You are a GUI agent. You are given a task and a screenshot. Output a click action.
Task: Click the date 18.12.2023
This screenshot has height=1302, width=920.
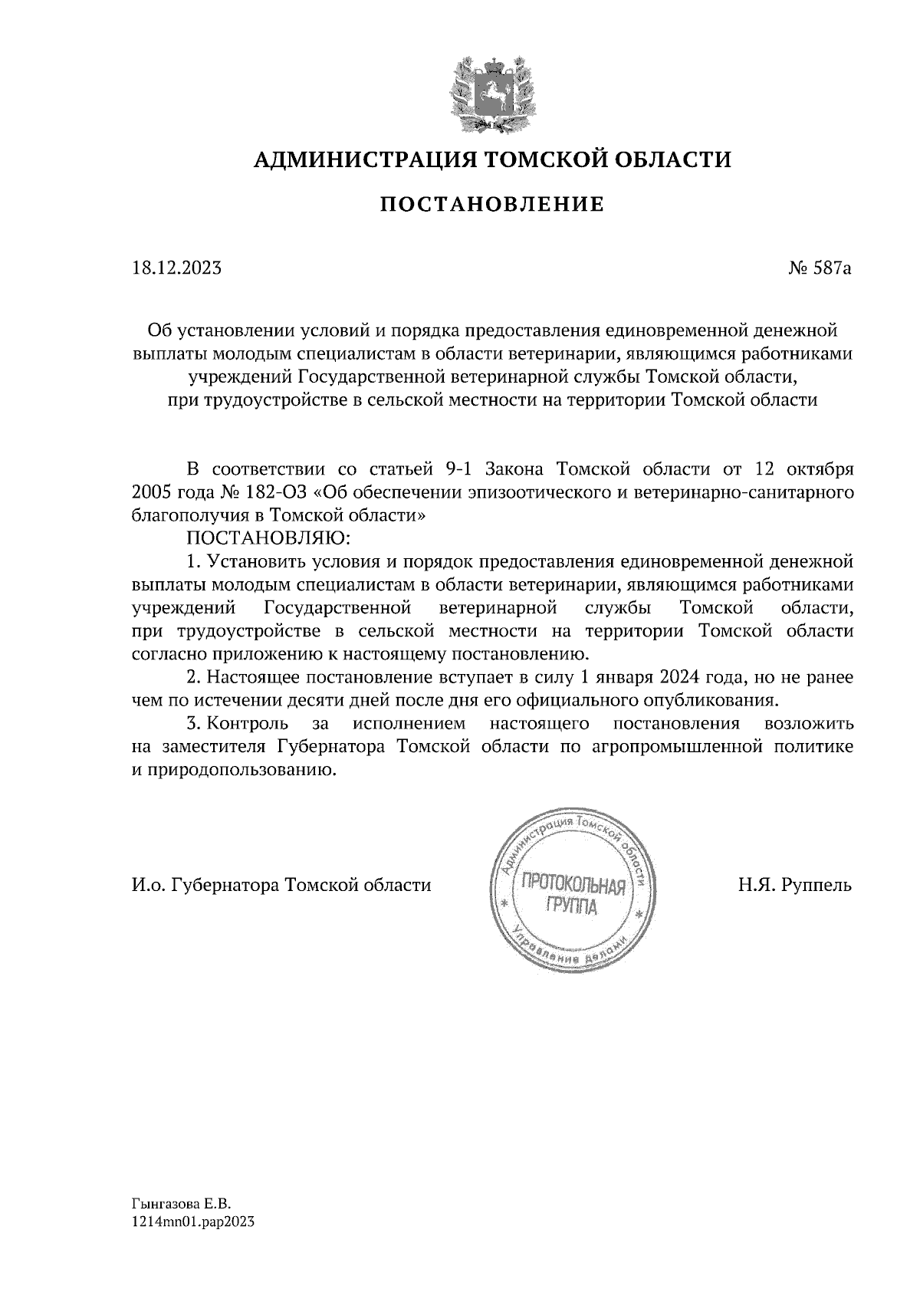click(x=176, y=269)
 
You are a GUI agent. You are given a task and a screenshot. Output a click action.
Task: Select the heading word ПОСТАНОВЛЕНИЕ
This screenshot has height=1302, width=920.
click(x=492, y=205)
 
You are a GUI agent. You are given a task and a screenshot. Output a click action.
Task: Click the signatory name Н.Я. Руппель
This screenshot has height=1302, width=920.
click(x=795, y=886)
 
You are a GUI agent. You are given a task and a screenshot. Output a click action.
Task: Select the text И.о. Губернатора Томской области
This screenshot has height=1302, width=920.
click(x=281, y=886)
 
